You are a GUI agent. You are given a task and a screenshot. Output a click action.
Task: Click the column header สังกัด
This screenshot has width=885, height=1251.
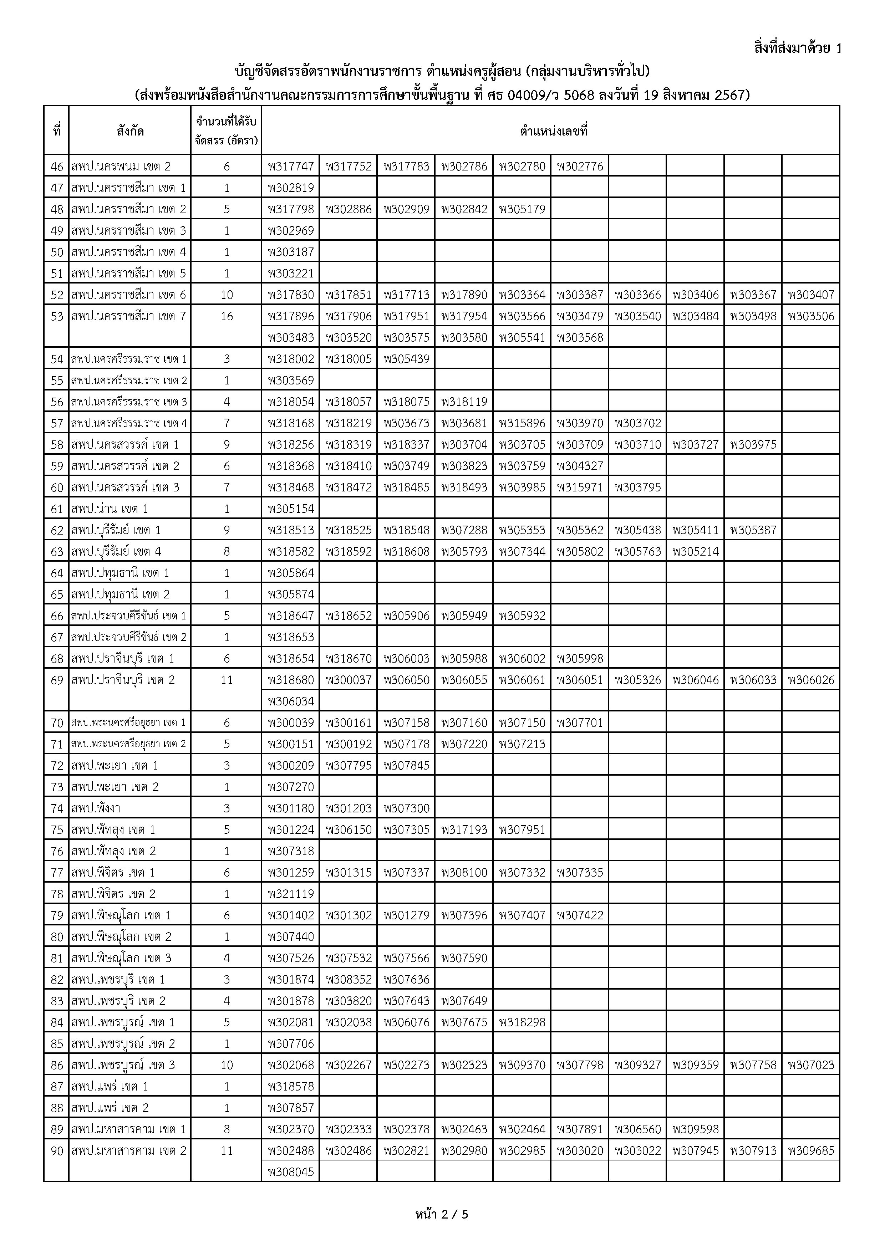(x=130, y=131)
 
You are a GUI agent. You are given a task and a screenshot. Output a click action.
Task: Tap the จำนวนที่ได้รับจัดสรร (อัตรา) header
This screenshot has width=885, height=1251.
(x=226, y=131)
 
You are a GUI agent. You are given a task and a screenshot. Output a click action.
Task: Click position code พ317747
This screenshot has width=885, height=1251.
(x=291, y=166)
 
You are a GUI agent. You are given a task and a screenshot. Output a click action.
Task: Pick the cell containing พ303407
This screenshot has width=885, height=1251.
(x=811, y=295)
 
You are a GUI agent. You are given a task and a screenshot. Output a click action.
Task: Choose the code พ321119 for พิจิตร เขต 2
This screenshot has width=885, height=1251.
(x=291, y=894)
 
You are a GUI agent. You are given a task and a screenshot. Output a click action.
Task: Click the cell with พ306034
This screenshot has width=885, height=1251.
(x=291, y=701)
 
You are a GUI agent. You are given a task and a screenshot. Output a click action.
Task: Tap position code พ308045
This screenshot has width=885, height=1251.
(x=291, y=1171)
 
